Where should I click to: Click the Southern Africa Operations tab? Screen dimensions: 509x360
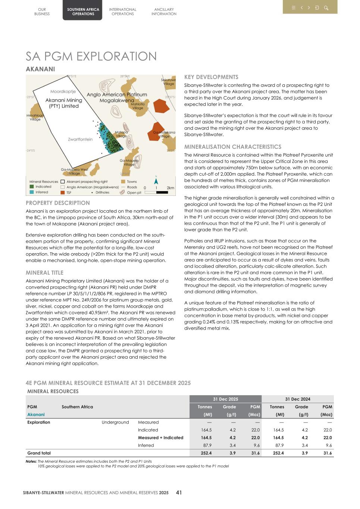tap(83, 12)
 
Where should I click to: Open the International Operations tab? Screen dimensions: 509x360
tap(122, 12)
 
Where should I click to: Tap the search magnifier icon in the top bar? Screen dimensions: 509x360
tap(326, 8)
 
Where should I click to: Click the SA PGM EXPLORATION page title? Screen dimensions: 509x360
tap(91, 56)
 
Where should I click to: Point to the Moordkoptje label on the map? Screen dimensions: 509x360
tap(63, 91)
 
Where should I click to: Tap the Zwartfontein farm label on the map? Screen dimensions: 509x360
tap(80, 139)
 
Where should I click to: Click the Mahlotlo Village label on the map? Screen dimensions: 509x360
tap(138, 106)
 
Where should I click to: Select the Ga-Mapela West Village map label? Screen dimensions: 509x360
tap(74, 171)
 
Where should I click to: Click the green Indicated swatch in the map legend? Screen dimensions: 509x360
tap(32, 187)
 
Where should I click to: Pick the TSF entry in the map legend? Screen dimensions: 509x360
tap(69, 192)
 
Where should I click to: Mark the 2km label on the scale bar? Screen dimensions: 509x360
tap(170, 188)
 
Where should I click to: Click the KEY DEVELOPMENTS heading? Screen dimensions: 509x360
tap(211, 77)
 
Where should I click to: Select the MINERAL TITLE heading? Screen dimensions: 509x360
tap(44, 273)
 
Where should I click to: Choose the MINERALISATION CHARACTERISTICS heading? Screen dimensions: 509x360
tap(233, 147)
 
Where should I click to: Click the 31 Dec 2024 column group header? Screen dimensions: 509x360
tap(297, 399)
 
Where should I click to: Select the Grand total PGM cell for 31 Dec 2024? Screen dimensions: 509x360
tap(327, 453)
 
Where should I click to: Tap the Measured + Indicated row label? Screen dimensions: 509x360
tap(160, 438)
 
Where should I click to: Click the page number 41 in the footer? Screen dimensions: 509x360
tap(179, 493)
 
